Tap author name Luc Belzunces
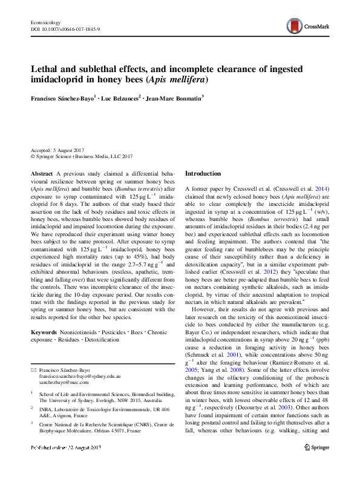coord(120,97)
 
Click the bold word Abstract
coord(41,173)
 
